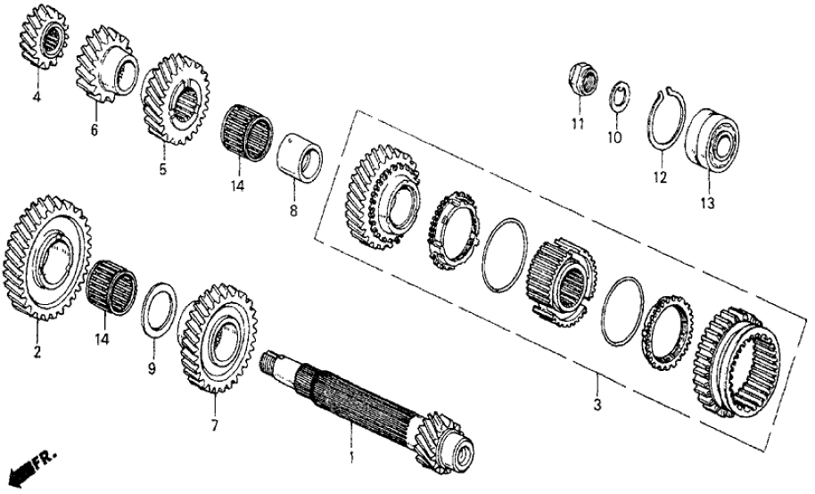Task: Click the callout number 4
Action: point(37,96)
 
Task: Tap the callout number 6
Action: point(95,130)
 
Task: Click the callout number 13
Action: point(707,204)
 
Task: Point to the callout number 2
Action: point(37,352)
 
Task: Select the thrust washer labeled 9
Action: point(160,309)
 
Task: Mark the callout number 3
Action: point(597,406)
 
